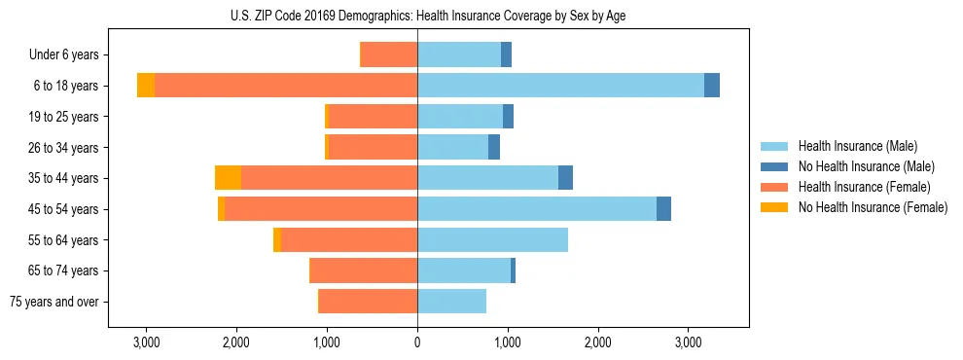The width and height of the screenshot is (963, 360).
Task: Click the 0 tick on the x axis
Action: (417, 342)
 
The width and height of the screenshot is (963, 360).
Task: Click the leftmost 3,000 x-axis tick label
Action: (146, 342)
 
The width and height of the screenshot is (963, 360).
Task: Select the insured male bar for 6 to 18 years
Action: (560, 86)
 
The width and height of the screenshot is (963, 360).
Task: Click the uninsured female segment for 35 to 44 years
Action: (228, 178)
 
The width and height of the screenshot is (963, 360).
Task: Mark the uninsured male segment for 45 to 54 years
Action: (663, 209)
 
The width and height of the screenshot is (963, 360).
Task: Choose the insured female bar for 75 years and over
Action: (368, 302)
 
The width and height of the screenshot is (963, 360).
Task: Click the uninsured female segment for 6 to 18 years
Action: (146, 86)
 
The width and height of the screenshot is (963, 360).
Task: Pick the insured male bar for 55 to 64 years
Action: (492, 240)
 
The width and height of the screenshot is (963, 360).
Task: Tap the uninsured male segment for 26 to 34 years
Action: (494, 147)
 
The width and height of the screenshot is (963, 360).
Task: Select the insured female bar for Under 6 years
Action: (389, 55)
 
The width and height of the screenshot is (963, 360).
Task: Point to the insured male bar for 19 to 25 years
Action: (460, 117)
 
